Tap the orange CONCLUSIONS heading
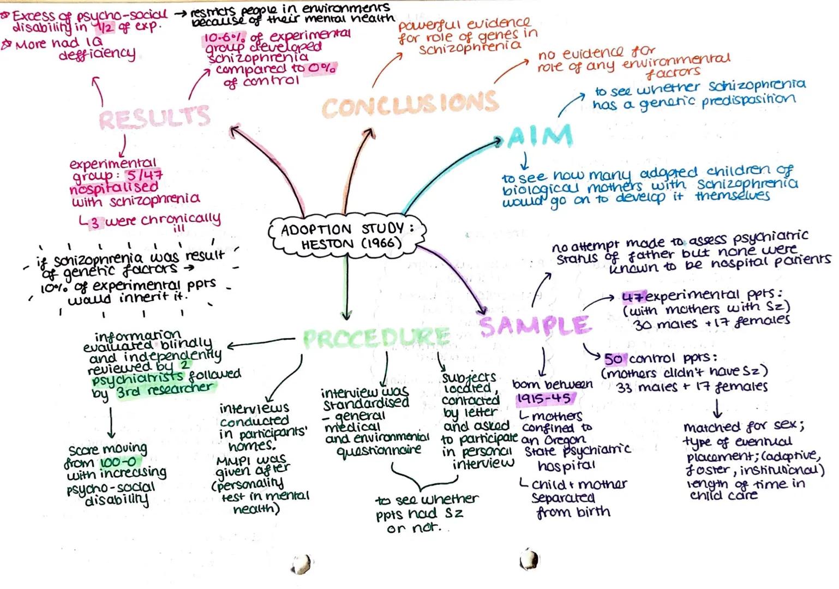pos(410,104)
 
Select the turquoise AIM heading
pos(540,136)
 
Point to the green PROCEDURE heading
pos(376,338)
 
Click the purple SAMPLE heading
pos(535,326)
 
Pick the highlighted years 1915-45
pos(544,399)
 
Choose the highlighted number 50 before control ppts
pos(614,359)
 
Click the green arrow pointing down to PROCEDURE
pos(346,289)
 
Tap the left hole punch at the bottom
pos(301,563)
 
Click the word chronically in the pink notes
pos(181,220)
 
